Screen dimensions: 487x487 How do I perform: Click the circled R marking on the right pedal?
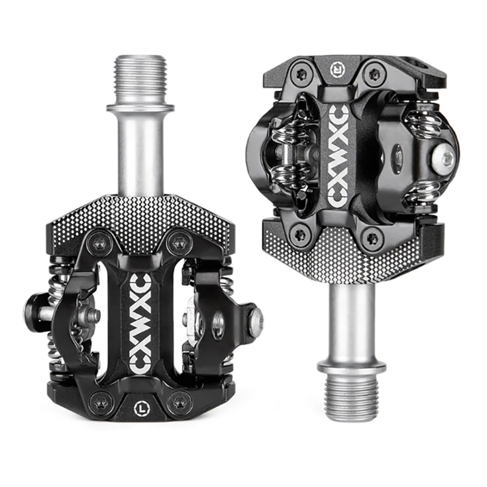(x=337, y=69)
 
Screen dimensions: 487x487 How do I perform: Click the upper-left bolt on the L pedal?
(x=99, y=244)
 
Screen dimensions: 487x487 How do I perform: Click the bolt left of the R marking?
(x=300, y=75)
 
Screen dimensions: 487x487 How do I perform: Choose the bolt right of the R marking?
(x=374, y=75)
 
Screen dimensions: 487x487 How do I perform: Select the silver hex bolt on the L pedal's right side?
(x=256, y=318)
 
